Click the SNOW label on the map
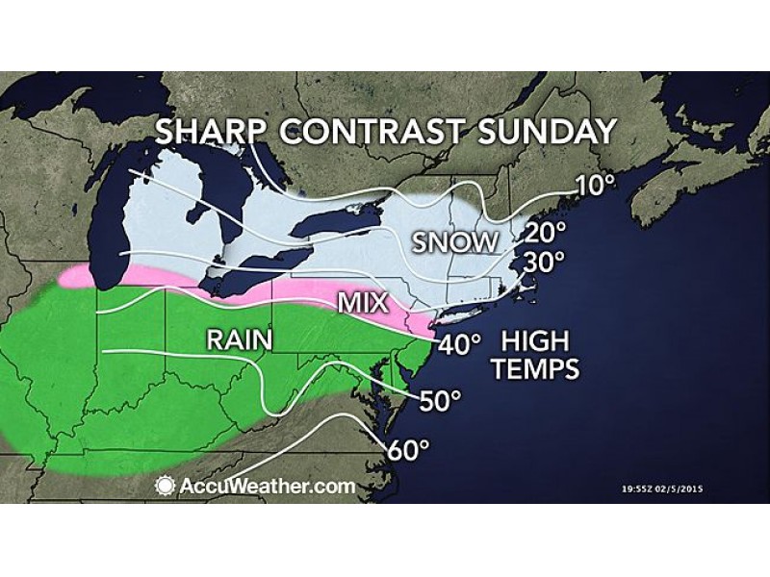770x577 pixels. pyautogui.click(x=457, y=241)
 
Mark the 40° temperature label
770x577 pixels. pyautogui.click(x=460, y=344)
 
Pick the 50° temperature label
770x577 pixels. pyautogui.click(x=442, y=399)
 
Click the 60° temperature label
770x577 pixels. pyautogui.click(x=408, y=448)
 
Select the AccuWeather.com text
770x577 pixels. pyautogui.click(x=267, y=486)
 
